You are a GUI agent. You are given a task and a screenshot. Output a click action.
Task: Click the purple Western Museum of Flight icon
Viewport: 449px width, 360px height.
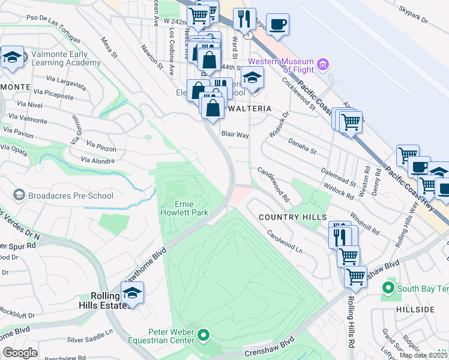point(324,64)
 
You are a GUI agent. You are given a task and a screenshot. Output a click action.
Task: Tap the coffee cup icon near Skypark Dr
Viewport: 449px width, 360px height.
point(277,25)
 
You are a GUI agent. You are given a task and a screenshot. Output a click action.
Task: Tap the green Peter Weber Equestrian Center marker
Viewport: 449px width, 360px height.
point(204,335)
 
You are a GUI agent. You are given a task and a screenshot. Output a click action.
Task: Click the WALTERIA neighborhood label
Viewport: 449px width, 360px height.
point(249,109)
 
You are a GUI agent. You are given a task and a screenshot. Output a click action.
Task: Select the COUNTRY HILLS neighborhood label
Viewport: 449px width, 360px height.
point(292,217)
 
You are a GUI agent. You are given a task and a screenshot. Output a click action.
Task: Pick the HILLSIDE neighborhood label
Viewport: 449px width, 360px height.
point(415,309)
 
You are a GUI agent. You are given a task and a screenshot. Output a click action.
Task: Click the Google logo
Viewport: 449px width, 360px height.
point(20,352)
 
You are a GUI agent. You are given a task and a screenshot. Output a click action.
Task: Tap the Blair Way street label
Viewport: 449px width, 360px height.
point(235,135)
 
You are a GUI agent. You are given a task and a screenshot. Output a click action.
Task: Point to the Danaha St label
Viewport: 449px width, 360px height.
point(302,145)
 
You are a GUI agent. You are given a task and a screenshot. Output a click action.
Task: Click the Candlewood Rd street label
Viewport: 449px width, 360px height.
point(274,184)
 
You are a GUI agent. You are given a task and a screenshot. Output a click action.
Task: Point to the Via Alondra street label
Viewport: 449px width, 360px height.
point(97,161)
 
